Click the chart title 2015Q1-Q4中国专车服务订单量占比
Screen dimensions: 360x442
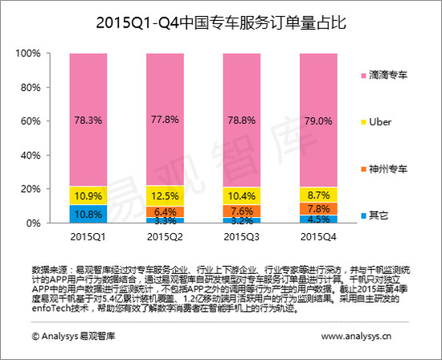click(220, 22)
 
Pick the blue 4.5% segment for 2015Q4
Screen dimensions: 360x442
click(319, 219)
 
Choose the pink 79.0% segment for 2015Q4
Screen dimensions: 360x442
click(319, 121)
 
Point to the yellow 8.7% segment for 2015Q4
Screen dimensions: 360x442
click(319, 195)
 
